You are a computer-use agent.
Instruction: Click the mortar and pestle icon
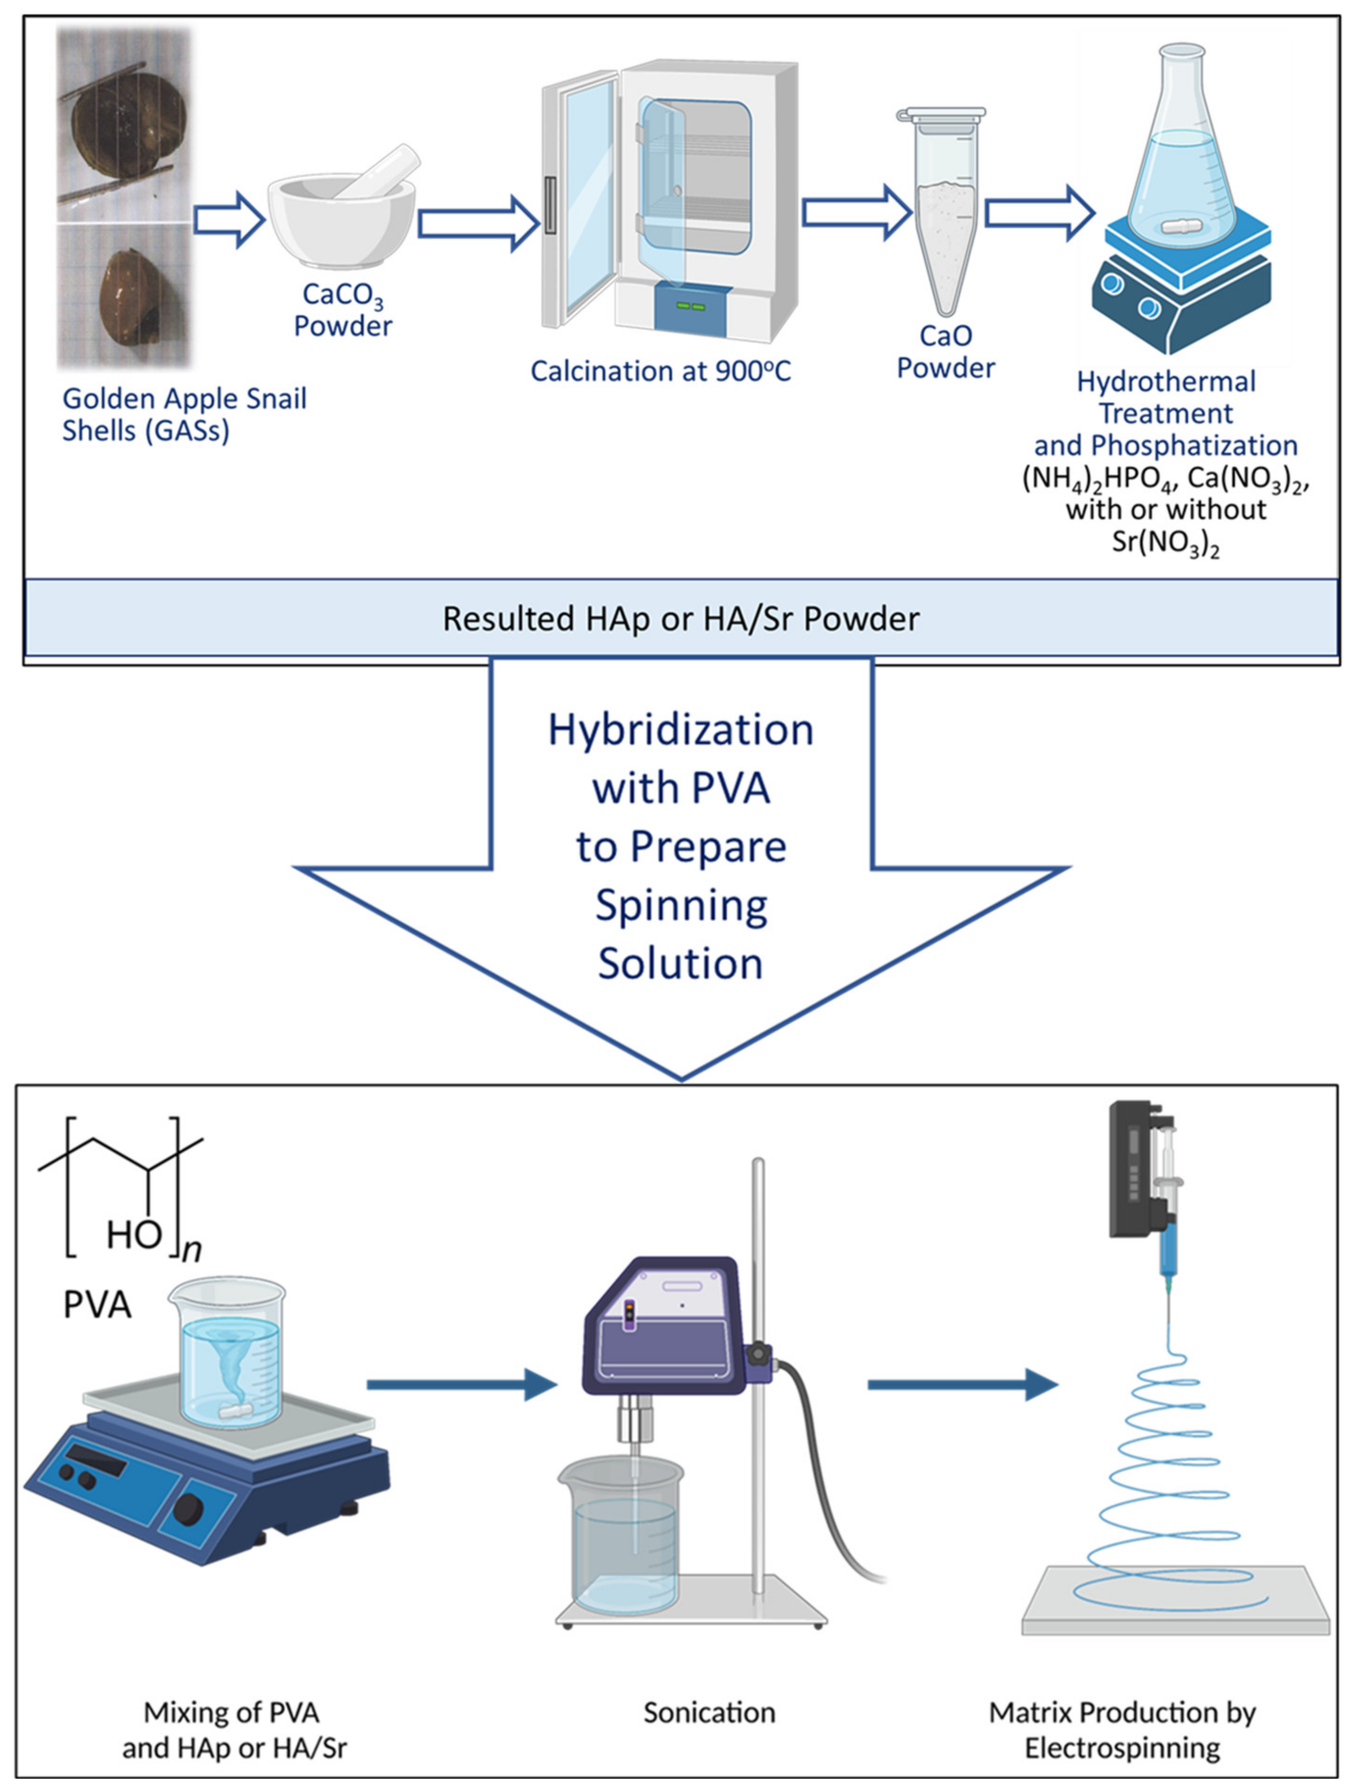click(x=342, y=212)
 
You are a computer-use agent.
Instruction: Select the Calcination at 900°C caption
click(x=661, y=371)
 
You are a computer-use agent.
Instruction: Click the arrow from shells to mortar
click(x=229, y=219)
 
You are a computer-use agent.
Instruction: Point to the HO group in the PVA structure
click(x=135, y=1235)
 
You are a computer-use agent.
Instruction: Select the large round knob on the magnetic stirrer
click(x=192, y=1508)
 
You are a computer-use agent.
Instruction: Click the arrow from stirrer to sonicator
click(x=462, y=1385)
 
